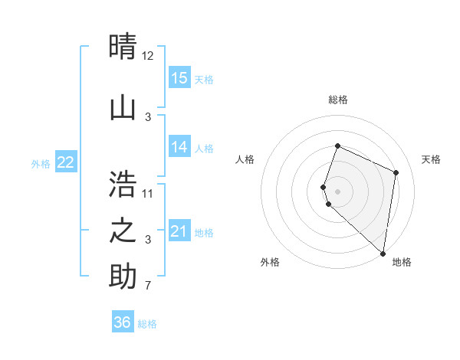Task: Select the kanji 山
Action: [123, 106]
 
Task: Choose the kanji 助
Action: [123, 277]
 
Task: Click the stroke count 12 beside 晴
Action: [148, 57]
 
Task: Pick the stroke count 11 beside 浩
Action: [148, 193]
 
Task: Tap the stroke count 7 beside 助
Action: [148, 286]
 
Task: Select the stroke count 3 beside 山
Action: [148, 116]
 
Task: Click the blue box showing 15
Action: [179, 78]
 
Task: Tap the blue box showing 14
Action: [179, 147]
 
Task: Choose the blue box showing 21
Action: [179, 231]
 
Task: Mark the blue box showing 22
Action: [66, 162]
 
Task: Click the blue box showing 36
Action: [123, 322]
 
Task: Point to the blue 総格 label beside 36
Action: [147, 324]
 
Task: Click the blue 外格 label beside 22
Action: [41, 163]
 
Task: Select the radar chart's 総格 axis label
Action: [338, 100]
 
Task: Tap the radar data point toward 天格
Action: [396, 172]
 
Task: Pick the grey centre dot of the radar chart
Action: [338, 191]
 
